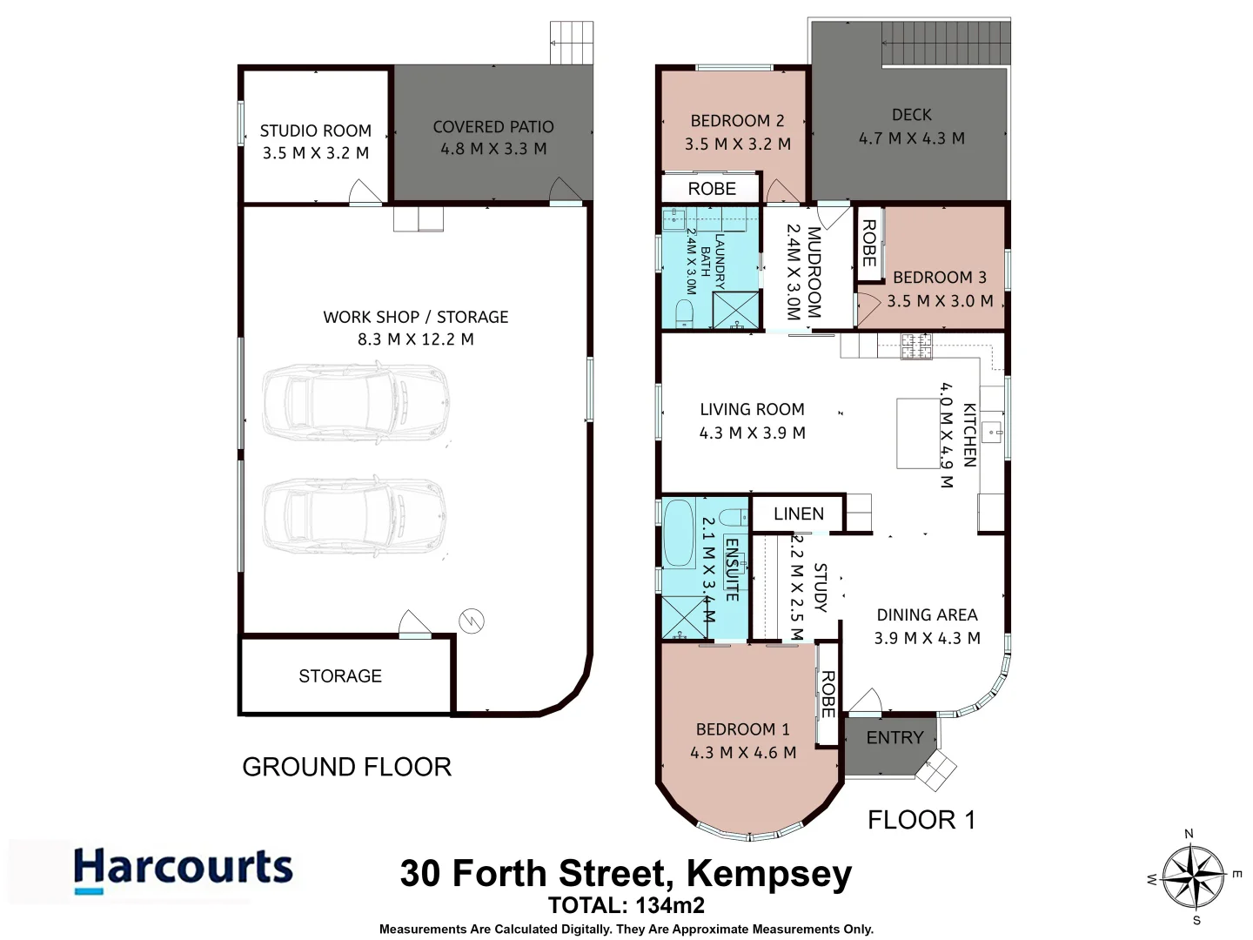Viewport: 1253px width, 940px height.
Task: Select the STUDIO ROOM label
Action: (x=315, y=131)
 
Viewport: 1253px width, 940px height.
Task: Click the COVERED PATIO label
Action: (x=493, y=127)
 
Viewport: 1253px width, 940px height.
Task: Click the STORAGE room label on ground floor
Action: (x=340, y=676)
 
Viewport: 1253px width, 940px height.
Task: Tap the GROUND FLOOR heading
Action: (x=346, y=767)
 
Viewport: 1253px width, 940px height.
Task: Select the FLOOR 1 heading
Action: (x=921, y=820)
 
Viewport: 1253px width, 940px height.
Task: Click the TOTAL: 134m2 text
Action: (x=626, y=905)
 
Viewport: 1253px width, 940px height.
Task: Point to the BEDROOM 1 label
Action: (x=742, y=729)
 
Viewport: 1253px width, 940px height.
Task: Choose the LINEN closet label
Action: (x=798, y=514)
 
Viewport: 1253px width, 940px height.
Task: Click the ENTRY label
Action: (x=895, y=738)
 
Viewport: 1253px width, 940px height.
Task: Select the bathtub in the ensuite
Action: (x=677, y=532)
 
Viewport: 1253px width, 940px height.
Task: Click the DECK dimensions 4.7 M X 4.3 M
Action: (x=911, y=138)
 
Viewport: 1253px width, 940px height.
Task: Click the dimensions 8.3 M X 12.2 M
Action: (x=415, y=339)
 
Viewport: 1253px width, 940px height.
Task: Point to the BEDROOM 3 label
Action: (x=940, y=278)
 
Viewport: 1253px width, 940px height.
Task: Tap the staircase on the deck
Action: (x=946, y=44)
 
